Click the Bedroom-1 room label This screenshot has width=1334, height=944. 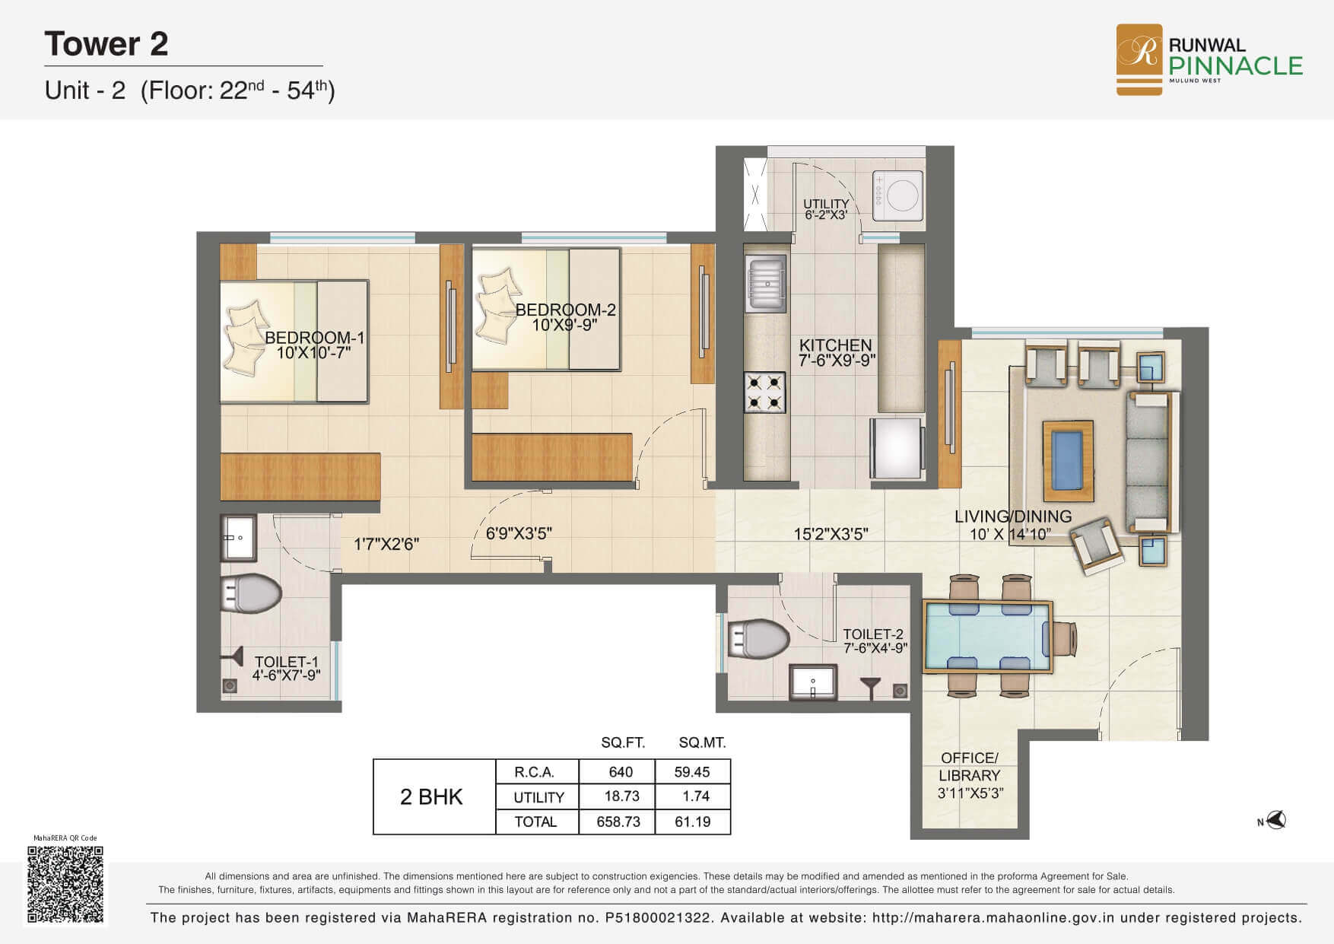tap(315, 338)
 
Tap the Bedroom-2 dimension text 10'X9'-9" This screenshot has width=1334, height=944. tap(565, 325)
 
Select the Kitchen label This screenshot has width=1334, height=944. tap(835, 345)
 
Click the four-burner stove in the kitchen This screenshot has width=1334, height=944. tap(764, 392)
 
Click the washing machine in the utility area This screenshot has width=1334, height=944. tap(898, 195)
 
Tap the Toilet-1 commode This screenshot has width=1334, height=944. tap(250, 593)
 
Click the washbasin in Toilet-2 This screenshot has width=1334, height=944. tap(813, 681)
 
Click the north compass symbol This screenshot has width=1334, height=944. tap(1272, 820)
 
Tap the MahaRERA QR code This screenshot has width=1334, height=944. tap(65, 884)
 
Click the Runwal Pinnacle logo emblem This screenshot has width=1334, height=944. tap(1139, 59)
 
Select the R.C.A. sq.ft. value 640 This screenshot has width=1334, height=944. tap(621, 772)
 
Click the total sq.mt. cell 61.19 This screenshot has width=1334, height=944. tap(692, 822)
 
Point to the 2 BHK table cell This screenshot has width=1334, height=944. tap(432, 796)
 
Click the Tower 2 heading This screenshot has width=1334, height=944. tap(106, 44)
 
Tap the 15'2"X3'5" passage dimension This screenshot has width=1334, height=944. tap(831, 534)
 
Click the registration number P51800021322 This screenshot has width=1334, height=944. tap(659, 918)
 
